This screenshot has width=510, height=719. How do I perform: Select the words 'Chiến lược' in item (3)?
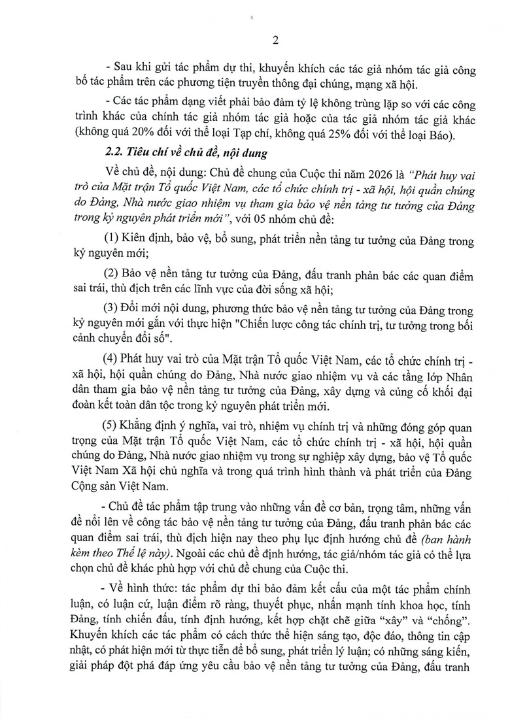click(x=289, y=324)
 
